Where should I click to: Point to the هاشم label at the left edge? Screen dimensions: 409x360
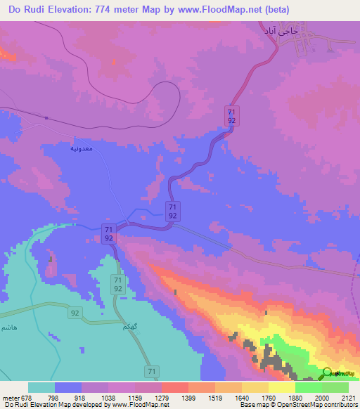(8, 328)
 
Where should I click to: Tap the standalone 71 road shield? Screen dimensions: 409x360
(151, 370)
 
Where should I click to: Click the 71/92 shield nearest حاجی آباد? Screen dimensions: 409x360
(231, 115)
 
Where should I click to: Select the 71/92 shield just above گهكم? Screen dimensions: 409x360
(118, 285)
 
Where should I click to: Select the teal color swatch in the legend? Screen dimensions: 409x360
(41, 387)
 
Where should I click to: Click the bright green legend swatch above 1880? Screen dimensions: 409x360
(308, 387)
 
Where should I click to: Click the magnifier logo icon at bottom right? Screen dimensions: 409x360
(328, 375)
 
